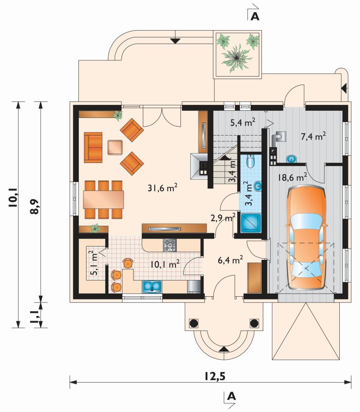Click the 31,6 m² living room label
tap(162, 188)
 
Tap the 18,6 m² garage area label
tap(292, 177)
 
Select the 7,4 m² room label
tap(314, 136)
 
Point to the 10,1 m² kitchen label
tap(165, 264)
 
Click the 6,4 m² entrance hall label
tap(230, 260)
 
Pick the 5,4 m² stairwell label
tap(243, 122)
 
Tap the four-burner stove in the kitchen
tap(169, 245)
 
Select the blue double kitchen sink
tap(152, 287)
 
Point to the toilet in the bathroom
tap(251, 161)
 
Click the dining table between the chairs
tap(103, 199)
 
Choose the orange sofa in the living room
tap(93, 147)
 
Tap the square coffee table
tap(115, 147)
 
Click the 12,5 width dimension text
tap(215, 376)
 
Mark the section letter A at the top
tap(255, 16)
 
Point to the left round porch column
tap(193, 323)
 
